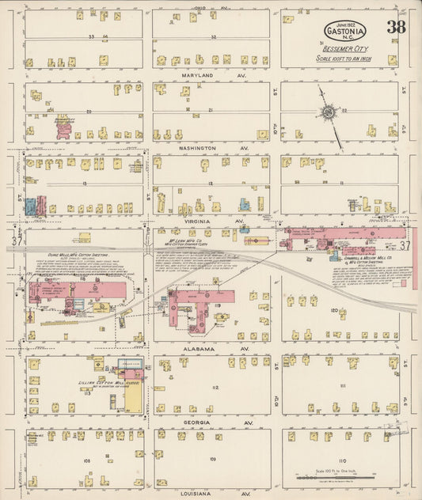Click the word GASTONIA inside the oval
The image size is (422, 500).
344,32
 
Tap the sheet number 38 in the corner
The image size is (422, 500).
397,28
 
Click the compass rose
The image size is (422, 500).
327,113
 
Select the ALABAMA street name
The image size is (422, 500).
195,348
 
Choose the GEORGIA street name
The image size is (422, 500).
196,422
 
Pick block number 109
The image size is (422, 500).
212,458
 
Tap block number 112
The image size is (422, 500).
212,388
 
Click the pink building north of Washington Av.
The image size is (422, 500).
63,126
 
